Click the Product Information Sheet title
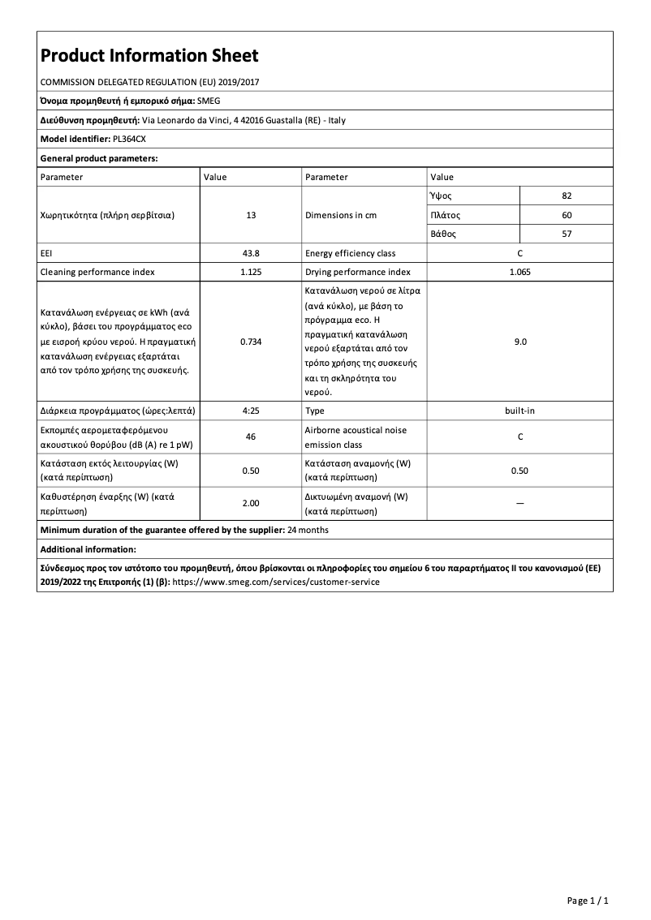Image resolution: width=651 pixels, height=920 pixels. coord(149,55)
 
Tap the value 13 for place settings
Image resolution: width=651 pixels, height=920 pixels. coord(251,216)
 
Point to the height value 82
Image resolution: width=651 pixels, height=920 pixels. coord(567,196)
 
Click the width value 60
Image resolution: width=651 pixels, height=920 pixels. coord(567,216)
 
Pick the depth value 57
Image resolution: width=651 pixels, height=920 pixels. coord(567,234)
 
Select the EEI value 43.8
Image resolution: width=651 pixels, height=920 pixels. coord(251,254)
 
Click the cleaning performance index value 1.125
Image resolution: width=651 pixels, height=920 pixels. coord(251,273)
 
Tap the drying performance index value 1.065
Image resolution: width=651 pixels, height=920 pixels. coord(520,273)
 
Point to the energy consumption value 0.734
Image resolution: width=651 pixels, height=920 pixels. coord(251,342)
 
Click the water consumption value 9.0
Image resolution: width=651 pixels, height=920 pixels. coord(520,342)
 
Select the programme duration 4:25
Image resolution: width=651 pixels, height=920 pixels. coord(251,411)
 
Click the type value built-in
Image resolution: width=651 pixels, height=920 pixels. coord(520,411)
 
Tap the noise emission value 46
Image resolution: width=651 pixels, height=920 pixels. coord(251,436)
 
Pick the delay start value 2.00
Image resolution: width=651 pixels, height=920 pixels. coord(251,504)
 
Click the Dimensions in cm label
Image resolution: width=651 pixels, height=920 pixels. coord(341,216)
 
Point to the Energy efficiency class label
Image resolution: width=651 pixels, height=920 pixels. coord(350,254)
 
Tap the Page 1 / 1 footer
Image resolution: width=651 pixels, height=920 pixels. coord(588,901)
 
